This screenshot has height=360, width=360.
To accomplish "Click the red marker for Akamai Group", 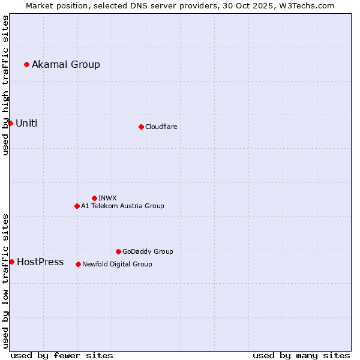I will [26, 64].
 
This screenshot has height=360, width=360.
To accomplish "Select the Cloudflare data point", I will [141, 127].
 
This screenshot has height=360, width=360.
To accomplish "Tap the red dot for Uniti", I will [10, 123].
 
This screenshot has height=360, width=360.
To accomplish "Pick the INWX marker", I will [94, 198].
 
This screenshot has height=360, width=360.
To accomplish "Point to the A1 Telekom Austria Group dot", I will [77, 206].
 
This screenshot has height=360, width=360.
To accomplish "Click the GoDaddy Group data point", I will [118, 251].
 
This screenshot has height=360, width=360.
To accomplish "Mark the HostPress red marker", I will [11, 262].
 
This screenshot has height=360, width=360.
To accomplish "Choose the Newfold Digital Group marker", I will [78, 264].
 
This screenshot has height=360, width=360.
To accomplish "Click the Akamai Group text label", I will [66, 64].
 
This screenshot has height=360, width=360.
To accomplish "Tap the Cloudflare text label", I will [161, 127].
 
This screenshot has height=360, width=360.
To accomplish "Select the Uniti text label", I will [26, 123].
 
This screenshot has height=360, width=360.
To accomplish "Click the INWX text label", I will [107, 198].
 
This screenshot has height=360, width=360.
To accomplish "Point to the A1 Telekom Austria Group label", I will [122, 206].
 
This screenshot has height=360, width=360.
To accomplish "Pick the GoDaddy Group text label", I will [148, 251].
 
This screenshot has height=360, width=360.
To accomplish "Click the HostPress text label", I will [40, 262].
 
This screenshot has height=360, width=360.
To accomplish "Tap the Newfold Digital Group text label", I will [117, 264].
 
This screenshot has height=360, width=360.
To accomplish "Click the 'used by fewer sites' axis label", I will [62, 355].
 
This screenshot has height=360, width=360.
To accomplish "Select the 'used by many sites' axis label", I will [301, 355].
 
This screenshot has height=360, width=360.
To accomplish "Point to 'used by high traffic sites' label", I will [5, 85].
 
